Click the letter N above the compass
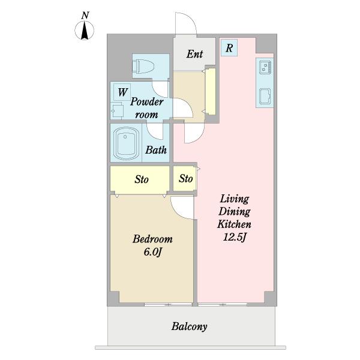[x=85, y=16]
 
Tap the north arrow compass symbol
[x=85, y=31]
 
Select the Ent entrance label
[x=194, y=54]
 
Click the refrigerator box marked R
[x=229, y=48]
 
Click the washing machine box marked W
[x=122, y=92]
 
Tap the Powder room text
[x=147, y=108]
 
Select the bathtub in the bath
[x=125, y=143]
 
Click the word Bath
[x=156, y=150]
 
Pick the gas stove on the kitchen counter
[x=265, y=67]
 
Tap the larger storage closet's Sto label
[x=142, y=179]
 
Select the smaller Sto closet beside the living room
[x=185, y=179]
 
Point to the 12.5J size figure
[x=234, y=237]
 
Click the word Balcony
[x=189, y=326]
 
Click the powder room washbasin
[x=117, y=111]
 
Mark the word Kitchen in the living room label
[x=234, y=224]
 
